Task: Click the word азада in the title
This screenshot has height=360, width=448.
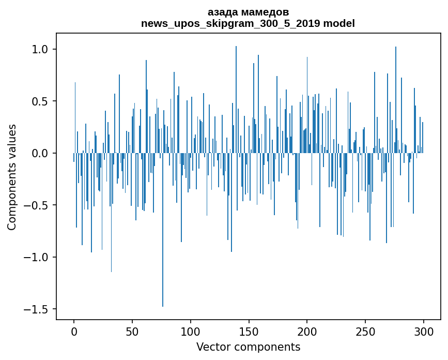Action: coord(224,12)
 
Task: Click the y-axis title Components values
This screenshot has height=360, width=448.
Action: coord(12,177)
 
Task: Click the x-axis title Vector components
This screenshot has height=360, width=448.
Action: coord(248,347)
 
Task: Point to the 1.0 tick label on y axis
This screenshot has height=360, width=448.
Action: coord(40,50)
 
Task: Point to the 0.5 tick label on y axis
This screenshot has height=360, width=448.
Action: coord(40,101)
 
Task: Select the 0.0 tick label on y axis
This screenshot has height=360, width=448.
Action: coord(40,154)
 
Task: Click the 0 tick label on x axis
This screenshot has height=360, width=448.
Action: coord(74,331)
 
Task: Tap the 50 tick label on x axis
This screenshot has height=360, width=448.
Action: coord(132,331)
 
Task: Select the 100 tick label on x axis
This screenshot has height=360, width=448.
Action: coord(191,331)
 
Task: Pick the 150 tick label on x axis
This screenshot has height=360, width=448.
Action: coord(249,331)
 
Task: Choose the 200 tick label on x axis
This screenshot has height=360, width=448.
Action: coord(307,331)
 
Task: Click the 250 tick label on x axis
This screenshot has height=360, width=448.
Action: coord(365,331)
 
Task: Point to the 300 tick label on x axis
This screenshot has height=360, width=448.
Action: coord(424,331)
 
